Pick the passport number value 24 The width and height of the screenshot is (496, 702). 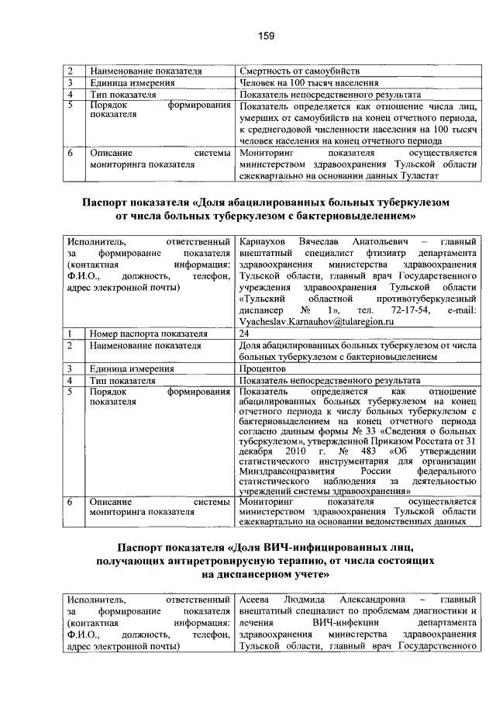(245, 333)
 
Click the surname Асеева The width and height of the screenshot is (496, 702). (256, 600)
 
